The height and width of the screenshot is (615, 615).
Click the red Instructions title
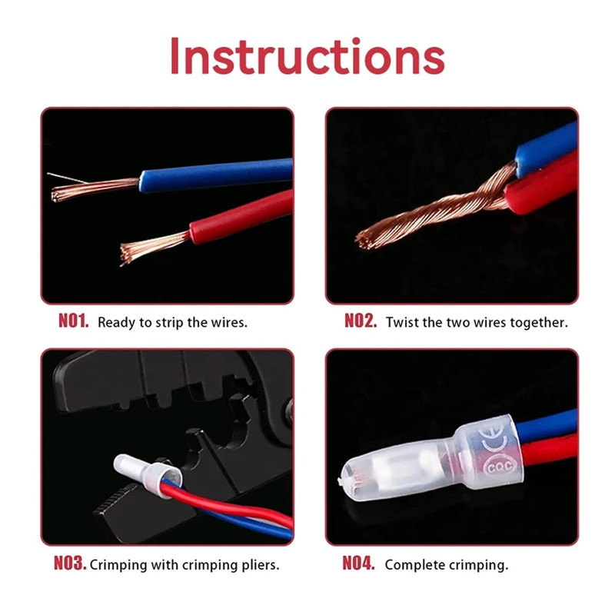click(307, 55)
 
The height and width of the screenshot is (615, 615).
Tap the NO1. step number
click(73, 321)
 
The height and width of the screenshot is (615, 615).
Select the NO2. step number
click(361, 321)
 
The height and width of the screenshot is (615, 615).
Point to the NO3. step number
click(70, 563)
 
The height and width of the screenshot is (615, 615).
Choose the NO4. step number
click(358, 563)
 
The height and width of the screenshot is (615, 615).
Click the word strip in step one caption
click(169, 323)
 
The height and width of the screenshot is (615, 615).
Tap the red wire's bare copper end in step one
click(155, 247)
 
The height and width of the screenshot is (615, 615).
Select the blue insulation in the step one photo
click(216, 175)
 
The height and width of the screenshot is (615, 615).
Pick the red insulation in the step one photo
click(241, 217)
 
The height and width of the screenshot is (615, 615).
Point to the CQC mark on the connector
click(498, 467)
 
